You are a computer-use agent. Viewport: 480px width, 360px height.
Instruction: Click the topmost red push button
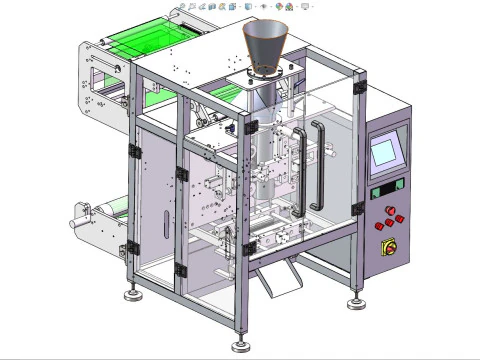[x=381, y=210]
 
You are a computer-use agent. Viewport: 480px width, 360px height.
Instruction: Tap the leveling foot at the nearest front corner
[x=239, y=344]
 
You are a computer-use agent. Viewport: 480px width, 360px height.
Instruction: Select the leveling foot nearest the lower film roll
[x=131, y=294]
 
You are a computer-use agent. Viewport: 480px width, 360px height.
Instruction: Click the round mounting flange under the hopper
[x=262, y=78]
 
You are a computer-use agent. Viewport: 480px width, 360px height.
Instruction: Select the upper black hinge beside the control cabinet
[x=358, y=88]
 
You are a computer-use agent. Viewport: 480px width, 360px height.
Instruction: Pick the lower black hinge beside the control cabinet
[x=357, y=208]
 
